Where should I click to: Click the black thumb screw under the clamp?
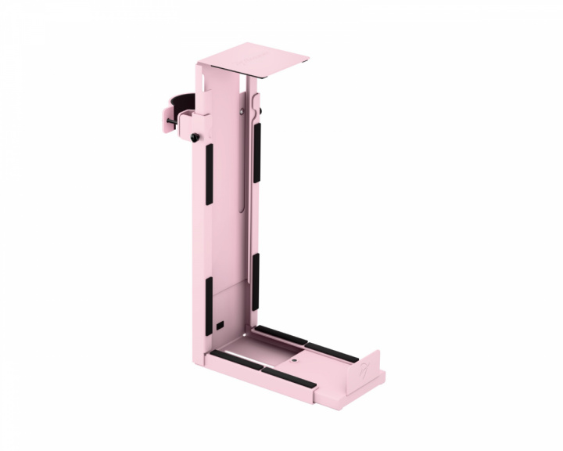pos(192,139)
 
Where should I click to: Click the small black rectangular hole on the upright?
pos(220,324)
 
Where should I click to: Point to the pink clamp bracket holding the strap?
pos(201,114)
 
